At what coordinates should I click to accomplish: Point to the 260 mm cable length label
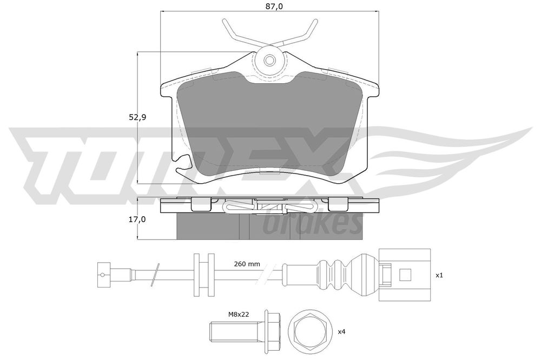[247, 264]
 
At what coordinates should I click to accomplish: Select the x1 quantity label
[439, 275]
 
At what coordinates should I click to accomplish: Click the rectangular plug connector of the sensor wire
[404, 275]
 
